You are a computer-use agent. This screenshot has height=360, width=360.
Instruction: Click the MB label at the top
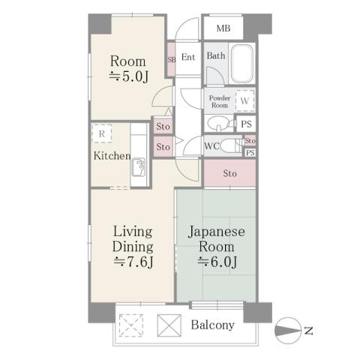(223, 29)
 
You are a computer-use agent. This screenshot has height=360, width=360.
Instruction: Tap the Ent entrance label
(188, 57)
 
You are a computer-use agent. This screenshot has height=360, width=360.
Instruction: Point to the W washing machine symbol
(245, 100)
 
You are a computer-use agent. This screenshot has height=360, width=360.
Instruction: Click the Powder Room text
(218, 101)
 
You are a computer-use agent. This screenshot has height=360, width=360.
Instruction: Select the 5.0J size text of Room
(129, 77)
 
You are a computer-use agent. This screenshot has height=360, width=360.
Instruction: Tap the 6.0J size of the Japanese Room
(217, 262)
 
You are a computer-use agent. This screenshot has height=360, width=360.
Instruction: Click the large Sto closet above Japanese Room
(229, 173)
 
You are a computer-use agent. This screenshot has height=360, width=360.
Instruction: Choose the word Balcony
(212, 325)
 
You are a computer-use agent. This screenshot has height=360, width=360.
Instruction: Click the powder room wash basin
(218, 123)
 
